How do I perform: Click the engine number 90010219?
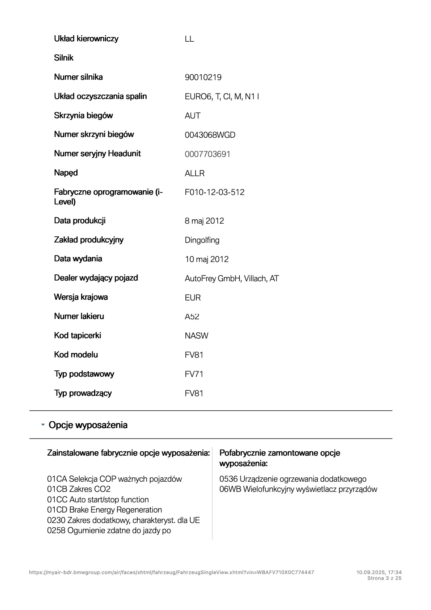[203, 78]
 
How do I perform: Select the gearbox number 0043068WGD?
[210, 135]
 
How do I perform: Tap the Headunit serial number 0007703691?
[207, 154]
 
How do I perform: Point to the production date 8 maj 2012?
[204, 221]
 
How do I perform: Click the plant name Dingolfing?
[202, 240]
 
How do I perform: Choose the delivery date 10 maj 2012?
[206, 260]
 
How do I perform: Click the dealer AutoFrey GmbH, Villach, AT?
[231, 279]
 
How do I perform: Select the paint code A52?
[192, 317]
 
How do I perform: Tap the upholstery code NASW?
[196, 336]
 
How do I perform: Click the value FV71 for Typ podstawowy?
[194, 374]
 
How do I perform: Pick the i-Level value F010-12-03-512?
[214, 192]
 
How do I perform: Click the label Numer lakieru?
[79, 316]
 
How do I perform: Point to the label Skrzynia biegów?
[83, 116]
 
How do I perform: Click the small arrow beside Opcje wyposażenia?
[43, 424]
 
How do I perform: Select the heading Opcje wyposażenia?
[88, 425]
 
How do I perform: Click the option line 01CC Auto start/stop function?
[98, 500]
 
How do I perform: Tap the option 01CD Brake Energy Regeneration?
[104, 510]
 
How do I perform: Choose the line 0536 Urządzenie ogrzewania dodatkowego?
[293, 479]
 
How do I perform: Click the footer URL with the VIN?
[171, 572]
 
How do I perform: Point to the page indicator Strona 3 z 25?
[384, 578]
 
